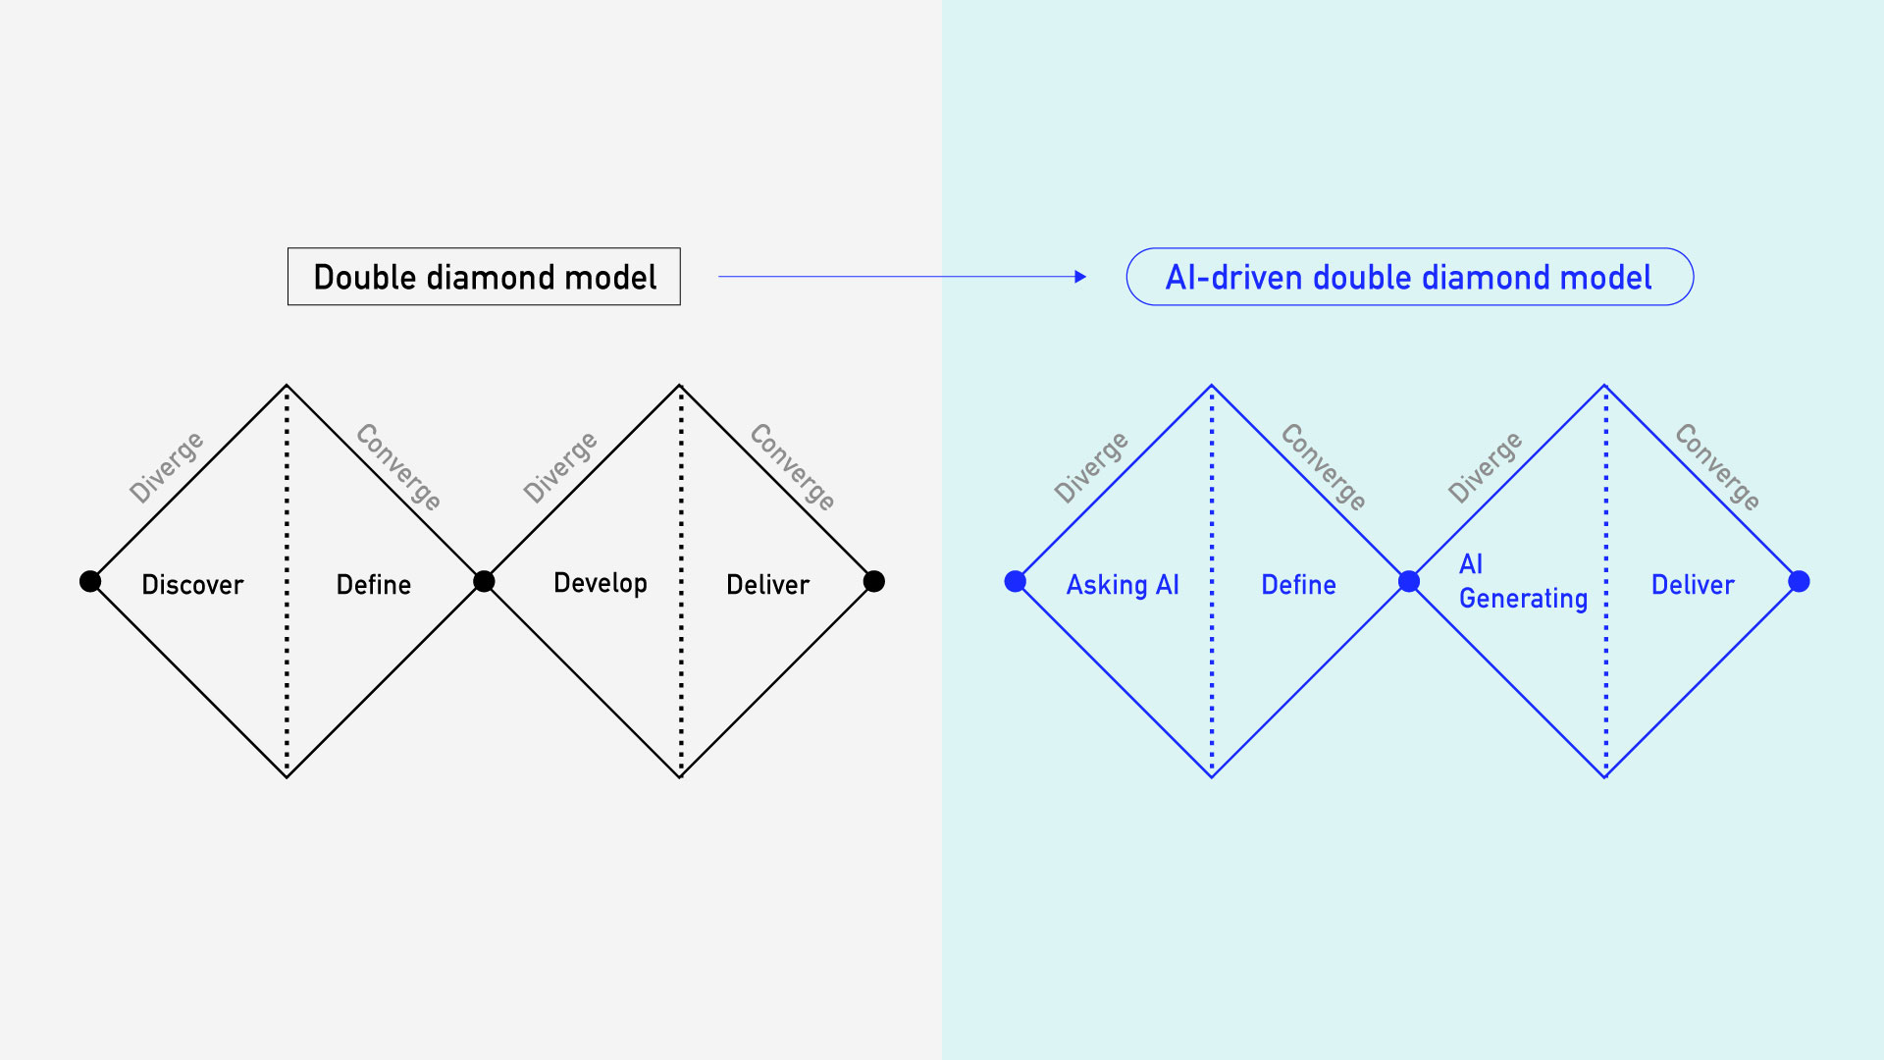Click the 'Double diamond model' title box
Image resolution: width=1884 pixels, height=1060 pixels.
coord(484,277)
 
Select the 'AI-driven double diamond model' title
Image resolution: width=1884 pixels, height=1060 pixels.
coord(1409,277)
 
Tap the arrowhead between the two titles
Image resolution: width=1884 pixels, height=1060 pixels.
coord(1080,277)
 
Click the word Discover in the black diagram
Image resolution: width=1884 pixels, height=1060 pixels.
coord(192,585)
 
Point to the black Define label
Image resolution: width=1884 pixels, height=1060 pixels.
coord(374,585)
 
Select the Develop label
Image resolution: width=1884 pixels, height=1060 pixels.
coord(601,583)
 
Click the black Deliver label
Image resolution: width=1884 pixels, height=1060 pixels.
coord(767,585)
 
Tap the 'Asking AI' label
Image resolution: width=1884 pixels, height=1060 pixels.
coord(1123,585)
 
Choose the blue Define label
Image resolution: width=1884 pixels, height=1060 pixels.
coord(1298,585)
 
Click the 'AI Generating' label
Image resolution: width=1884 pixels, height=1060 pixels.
coord(1522,581)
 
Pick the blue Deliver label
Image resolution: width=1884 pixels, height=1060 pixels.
coord(1693,585)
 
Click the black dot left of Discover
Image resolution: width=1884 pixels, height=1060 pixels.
coord(90,582)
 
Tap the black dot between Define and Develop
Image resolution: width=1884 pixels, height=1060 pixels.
coord(484,582)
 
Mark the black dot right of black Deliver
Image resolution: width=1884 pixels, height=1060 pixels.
coord(874,582)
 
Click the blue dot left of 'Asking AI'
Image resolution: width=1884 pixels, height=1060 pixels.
coord(1016,582)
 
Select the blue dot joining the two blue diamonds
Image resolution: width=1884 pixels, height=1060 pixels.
coord(1409,582)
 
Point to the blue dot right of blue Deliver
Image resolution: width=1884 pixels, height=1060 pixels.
coord(1799,582)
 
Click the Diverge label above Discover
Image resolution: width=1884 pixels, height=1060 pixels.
coord(167,467)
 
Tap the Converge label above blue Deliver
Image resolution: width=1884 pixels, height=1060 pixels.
coord(1717,467)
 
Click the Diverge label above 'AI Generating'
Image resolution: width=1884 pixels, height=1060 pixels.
coord(1486,467)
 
